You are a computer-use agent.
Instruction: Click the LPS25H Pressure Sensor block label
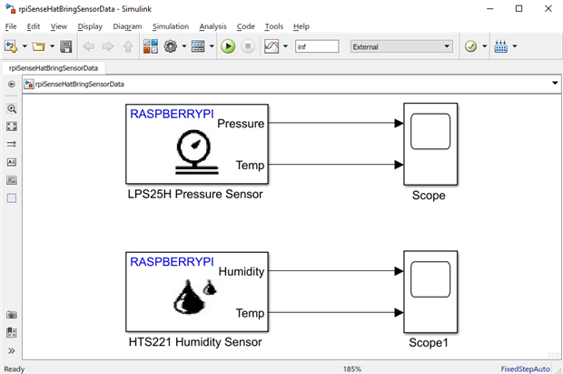pos(195,195)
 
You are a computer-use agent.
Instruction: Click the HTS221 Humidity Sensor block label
pos(194,342)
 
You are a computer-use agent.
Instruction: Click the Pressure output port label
pos(241,124)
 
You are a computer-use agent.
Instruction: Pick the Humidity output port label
pos(241,271)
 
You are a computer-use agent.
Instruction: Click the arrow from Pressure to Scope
pos(336,124)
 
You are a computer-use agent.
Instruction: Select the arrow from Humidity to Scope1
pos(336,271)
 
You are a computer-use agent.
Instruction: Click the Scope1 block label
pos(429,343)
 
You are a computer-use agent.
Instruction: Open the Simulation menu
pos(171,26)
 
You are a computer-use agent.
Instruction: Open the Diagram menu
pos(128,26)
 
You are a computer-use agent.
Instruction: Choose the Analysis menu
pos(213,26)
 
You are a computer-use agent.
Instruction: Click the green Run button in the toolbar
pos(228,46)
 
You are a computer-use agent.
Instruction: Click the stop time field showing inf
pos(316,46)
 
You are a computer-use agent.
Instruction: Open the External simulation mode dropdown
pos(401,46)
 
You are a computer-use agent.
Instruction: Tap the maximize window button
pos(519,8)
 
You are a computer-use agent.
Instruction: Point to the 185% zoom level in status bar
pos(351,369)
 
